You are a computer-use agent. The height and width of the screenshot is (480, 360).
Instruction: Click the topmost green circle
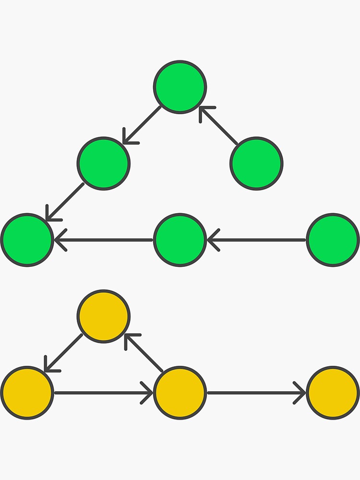[x=180, y=87]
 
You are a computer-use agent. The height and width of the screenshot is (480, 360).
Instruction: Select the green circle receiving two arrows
[x=27, y=240]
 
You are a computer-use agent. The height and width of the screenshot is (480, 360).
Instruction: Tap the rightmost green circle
[x=333, y=240]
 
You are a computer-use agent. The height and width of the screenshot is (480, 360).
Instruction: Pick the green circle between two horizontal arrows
[x=180, y=240]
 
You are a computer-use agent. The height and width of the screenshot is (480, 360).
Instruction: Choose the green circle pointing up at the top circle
[x=256, y=164]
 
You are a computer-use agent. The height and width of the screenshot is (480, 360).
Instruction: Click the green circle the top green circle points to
[x=104, y=164]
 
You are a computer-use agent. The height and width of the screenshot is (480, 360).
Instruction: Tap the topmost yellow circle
[x=104, y=316]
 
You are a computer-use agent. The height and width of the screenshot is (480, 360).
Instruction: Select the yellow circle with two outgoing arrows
[x=180, y=393]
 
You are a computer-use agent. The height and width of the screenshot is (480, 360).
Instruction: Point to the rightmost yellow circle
[x=333, y=393]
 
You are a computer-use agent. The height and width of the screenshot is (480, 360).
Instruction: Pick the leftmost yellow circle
[x=27, y=393]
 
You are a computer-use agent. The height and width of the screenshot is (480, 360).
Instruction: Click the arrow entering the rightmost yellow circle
[x=256, y=393]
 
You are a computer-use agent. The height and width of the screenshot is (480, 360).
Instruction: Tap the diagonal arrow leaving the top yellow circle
[x=63, y=353]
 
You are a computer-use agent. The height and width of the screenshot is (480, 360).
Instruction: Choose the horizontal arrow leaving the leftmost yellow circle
[x=104, y=393]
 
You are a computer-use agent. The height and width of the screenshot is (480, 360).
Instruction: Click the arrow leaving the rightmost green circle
[x=256, y=240]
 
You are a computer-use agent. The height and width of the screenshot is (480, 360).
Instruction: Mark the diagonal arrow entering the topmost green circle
[x=219, y=126]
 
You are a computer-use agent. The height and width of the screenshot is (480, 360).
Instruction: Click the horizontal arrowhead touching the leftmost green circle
[x=60, y=240]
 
